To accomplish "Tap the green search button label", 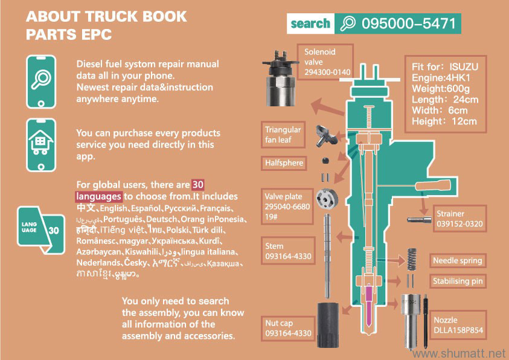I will [310, 24].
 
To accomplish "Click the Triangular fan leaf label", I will [283, 135].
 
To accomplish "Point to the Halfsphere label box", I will [284, 162].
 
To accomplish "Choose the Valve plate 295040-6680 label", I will [287, 207].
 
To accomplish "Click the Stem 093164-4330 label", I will [288, 251].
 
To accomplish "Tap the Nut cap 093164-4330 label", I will [288, 328].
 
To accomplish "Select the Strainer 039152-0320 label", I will [460, 219].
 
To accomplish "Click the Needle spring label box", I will [457, 261].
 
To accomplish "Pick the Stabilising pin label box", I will [457, 281].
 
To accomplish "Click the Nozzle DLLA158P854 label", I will [458, 325].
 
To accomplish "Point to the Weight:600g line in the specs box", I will [438, 88].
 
